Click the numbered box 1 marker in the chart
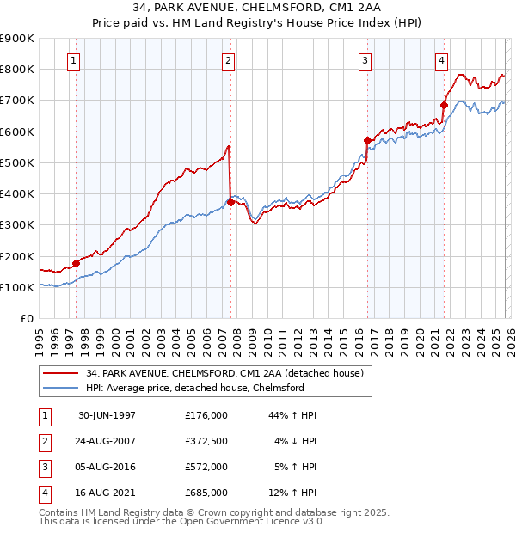(x=74, y=61)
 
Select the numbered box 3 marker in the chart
(x=365, y=61)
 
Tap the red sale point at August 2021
(x=445, y=105)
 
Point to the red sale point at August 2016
(x=367, y=140)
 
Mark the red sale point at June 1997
(x=76, y=263)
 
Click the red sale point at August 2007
(x=230, y=202)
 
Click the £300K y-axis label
(x=17, y=225)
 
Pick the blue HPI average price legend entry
(x=195, y=389)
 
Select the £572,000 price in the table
(x=206, y=467)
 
